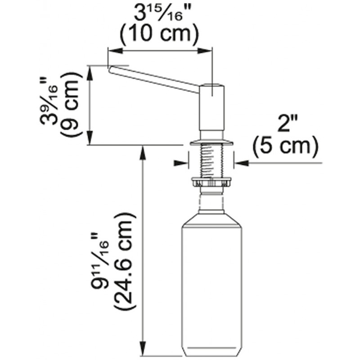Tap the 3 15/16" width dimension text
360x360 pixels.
point(159,12)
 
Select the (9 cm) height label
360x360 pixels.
point(71,104)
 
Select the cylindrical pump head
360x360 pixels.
point(211,108)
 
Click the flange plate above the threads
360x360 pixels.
point(211,142)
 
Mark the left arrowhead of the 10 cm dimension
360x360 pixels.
point(115,51)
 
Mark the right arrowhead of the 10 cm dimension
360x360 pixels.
point(205,51)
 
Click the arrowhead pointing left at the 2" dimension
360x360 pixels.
point(242,163)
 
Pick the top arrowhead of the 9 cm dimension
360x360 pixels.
point(90,73)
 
